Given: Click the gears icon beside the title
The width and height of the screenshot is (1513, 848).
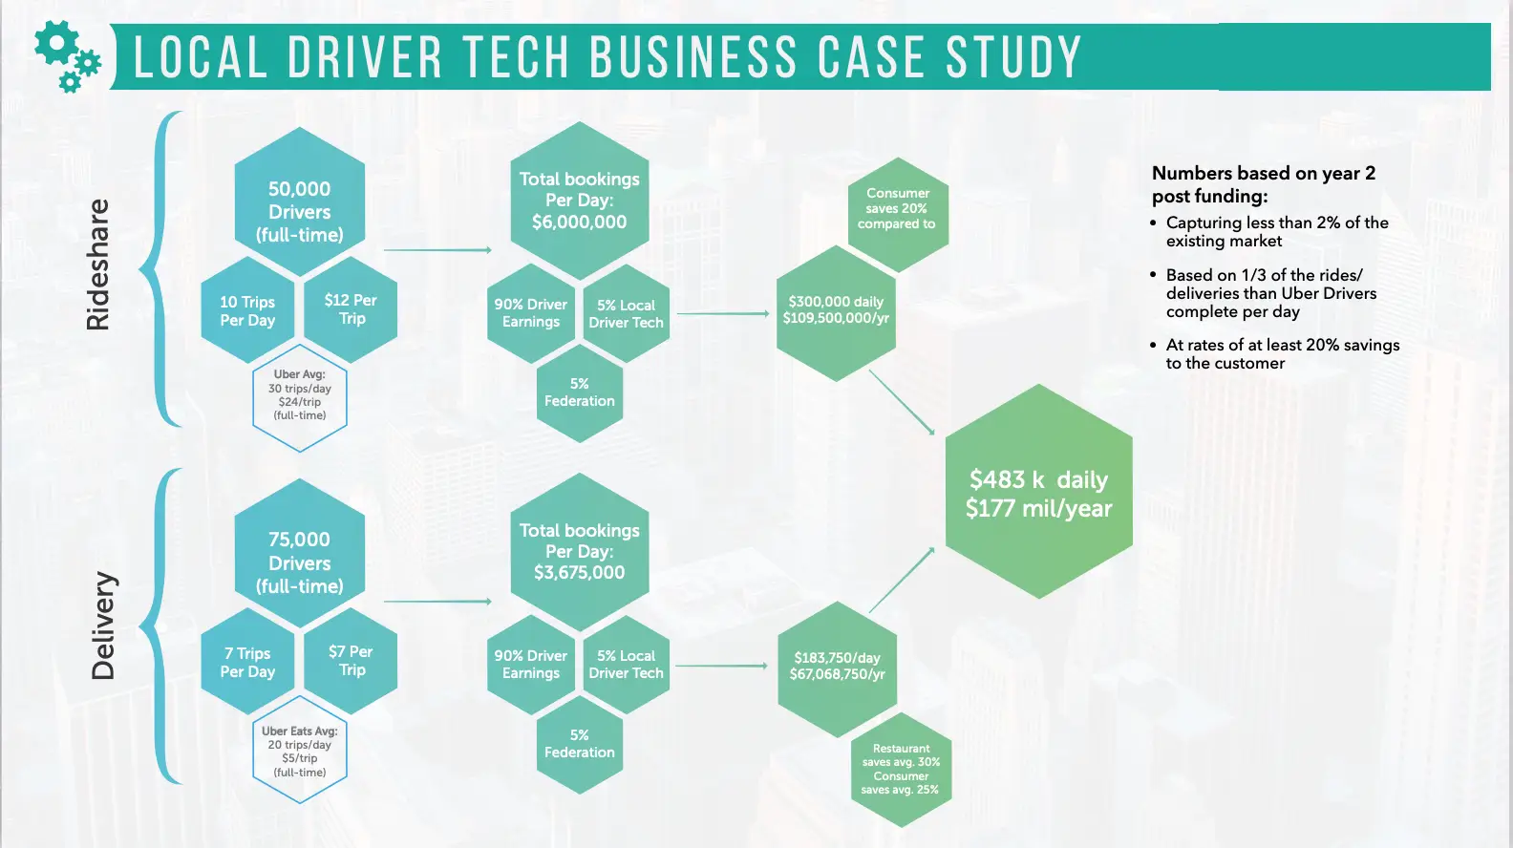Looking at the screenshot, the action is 67,56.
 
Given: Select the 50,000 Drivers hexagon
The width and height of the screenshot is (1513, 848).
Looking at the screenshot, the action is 299,201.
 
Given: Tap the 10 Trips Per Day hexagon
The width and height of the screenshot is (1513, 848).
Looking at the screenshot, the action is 247,310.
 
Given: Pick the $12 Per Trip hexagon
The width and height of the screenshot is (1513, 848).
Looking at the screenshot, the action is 351,310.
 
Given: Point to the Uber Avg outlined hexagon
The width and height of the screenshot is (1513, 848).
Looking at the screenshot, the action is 299,397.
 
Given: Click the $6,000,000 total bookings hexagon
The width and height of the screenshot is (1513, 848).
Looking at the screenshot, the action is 580,201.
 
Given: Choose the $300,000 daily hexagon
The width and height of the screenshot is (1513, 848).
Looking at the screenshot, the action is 836,312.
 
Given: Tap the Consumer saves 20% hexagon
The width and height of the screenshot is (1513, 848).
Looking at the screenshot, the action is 898,215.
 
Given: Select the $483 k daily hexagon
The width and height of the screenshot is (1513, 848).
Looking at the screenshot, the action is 1039,492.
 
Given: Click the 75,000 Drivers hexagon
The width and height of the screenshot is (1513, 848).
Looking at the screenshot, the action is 299,553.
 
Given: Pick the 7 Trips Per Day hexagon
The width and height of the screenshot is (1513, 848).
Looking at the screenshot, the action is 247,662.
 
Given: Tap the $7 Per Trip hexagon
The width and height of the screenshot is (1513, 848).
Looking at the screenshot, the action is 351,661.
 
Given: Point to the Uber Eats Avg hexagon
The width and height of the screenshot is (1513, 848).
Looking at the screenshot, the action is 299,750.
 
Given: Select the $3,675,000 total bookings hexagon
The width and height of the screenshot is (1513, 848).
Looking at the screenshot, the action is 580,552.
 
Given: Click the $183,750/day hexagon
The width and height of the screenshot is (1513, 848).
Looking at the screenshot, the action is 837,669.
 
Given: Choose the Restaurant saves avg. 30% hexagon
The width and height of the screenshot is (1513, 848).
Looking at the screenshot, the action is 901,769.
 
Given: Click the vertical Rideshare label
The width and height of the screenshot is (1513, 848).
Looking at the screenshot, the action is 98,265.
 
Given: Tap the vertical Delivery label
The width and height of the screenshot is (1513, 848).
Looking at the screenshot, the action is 103,625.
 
